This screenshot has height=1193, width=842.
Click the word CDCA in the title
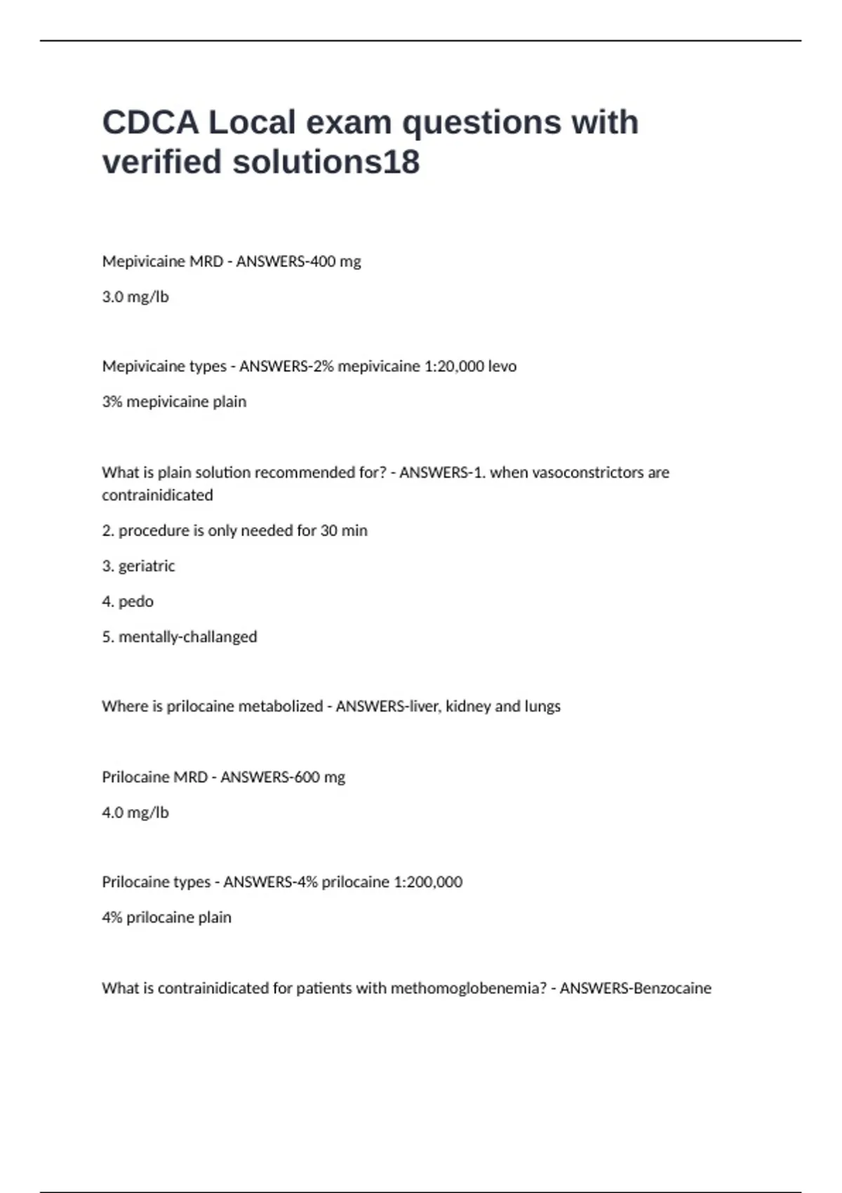click(x=150, y=123)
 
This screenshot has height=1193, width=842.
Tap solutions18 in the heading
click(x=326, y=162)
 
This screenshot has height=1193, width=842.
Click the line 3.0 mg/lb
click(x=135, y=297)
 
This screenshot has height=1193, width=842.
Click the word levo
click(x=502, y=366)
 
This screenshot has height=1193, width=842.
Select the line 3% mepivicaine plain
click(x=174, y=402)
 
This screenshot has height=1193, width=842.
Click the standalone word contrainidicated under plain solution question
click(x=157, y=495)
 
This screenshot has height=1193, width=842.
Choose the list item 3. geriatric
click(x=138, y=566)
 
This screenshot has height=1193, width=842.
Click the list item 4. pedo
click(x=128, y=601)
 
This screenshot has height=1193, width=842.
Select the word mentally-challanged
click(x=187, y=637)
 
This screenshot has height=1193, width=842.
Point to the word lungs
click(x=542, y=707)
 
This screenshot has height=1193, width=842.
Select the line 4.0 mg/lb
click(x=135, y=813)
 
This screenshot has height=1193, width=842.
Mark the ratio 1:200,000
click(x=428, y=882)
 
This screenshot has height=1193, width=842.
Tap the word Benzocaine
click(x=672, y=988)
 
